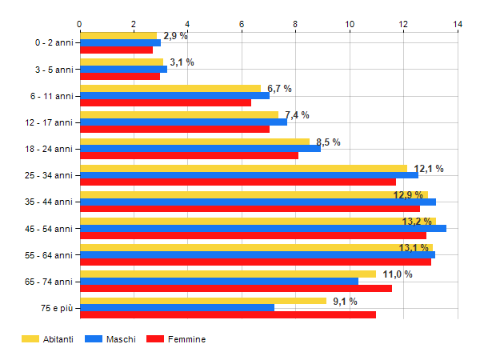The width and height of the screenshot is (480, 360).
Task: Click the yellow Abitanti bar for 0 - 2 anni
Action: tap(118, 36)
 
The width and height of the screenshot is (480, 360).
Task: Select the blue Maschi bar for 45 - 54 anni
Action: tap(263, 228)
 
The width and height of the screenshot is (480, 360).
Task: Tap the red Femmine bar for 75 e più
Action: tap(228, 314)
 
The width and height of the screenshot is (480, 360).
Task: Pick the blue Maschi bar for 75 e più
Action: tap(178, 308)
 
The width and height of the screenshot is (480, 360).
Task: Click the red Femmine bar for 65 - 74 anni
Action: tap(236, 288)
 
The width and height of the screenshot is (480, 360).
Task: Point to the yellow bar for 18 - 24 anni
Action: tap(194, 142)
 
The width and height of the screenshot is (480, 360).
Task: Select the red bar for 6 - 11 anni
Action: tap(166, 103)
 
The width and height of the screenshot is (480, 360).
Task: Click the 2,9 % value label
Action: tap(175, 36)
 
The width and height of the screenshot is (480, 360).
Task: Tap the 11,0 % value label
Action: tap(398, 274)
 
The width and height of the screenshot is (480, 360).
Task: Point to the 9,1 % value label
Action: tap(345, 302)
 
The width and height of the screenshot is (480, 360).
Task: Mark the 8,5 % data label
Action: tap(328, 142)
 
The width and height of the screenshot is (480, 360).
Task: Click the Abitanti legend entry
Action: tap(47, 339)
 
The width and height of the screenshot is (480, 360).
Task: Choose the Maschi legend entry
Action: tap(110, 339)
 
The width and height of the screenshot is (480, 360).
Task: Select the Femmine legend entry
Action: tap(176, 339)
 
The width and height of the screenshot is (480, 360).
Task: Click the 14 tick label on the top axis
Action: tap(458, 24)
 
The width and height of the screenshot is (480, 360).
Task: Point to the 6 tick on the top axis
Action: tap(242, 24)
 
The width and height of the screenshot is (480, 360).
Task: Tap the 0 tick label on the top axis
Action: tap(79, 24)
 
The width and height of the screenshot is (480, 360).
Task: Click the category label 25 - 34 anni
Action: tap(49, 175)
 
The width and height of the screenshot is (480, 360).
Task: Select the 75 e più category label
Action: tap(57, 308)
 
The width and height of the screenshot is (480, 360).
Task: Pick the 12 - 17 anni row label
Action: tap(49, 122)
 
